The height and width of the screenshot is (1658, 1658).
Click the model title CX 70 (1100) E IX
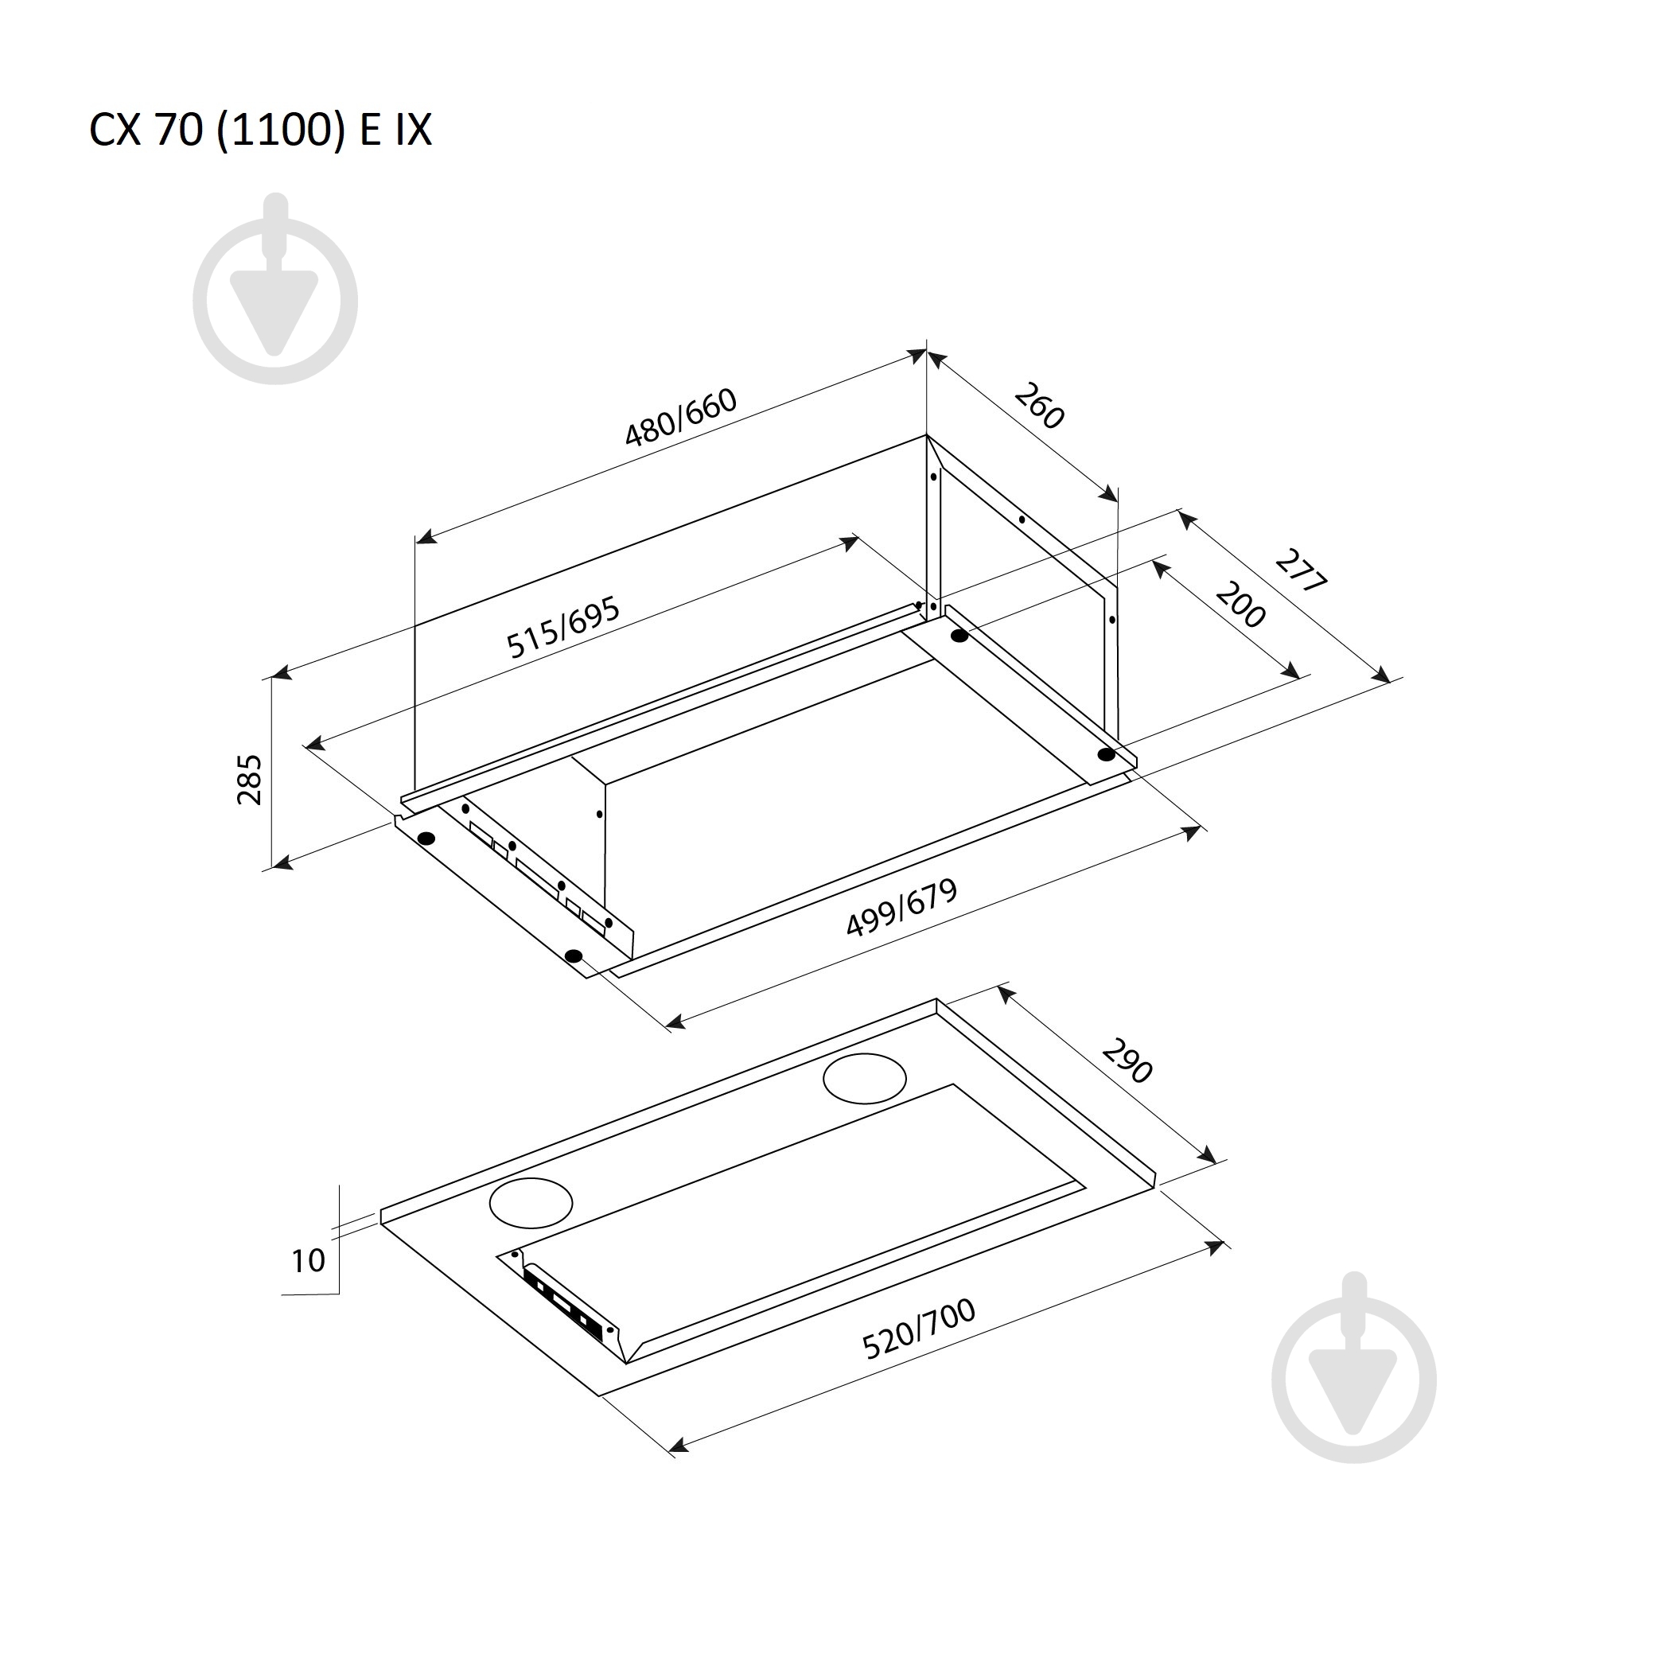[x=260, y=130]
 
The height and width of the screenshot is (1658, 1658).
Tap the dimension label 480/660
[x=680, y=418]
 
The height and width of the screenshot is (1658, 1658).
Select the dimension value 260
[x=1039, y=406]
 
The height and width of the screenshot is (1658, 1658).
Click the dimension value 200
[x=1240, y=605]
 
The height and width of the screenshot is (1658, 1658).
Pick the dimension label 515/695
[x=563, y=629]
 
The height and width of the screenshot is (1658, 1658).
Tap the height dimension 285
[x=249, y=779]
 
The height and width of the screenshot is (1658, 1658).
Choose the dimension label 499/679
[x=901, y=908]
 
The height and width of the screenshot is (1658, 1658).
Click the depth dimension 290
[x=1127, y=1061]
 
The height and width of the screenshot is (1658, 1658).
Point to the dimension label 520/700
[x=919, y=1329]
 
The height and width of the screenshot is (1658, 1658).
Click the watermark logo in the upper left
[x=275, y=290]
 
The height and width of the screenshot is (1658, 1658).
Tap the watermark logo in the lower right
[x=1354, y=1368]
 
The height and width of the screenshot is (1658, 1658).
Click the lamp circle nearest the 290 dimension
[x=865, y=1079]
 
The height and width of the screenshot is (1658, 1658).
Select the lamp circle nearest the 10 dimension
[x=531, y=1202]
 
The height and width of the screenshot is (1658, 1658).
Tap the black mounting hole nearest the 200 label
[x=959, y=636]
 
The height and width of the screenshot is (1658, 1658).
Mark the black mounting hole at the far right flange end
[x=1106, y=754]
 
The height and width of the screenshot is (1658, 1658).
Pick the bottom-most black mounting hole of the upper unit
[x=574, y=956]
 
